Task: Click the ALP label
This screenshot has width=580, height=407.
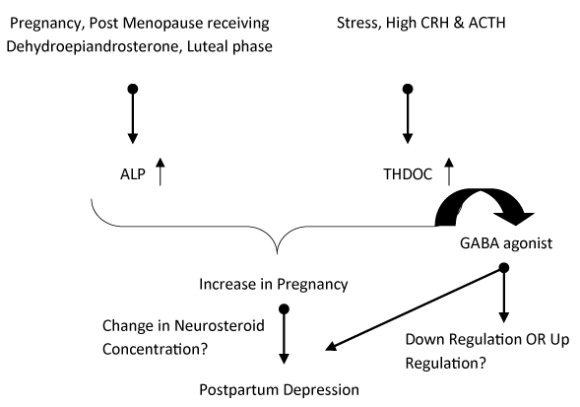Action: click(x=133, y=174)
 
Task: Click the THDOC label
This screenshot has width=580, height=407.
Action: click(x=408, y=174)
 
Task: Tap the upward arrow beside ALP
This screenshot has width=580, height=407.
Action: click(x=160, y=171)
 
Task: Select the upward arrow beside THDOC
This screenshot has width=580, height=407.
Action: click(x=449, y=171)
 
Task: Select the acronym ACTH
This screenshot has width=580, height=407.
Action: click(x=486, y=23)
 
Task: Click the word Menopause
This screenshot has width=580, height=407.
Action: click(x=162, y=23)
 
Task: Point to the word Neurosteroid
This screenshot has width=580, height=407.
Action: click(x=220, y=326)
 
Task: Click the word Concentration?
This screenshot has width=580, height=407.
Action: click(x=155, y=349)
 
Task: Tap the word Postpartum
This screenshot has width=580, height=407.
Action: click(x=238, y=390)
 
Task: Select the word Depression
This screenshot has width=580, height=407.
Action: click(x=321, y=390)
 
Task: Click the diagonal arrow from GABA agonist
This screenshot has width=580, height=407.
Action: click(x=415, y=308)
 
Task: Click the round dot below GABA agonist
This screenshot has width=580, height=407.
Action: click(x=504, y=268)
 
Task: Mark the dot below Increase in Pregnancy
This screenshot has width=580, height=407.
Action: click(x=284, y=308)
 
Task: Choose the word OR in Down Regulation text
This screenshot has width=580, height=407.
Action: click(x=536, y=339)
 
